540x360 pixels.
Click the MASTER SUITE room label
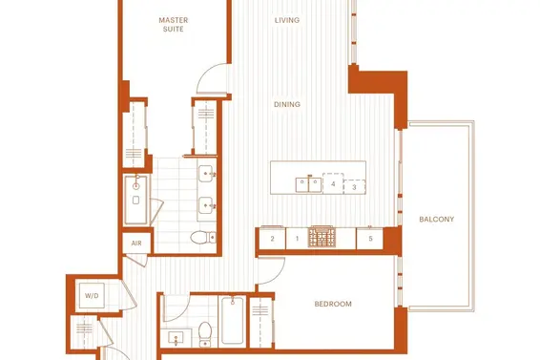pyautogui.click(x=174, y=25)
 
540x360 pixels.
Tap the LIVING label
pyautogui.click(x=287, y=20)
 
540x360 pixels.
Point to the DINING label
pyautogui.click(x=287, y=104)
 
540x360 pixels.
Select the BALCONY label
pyautogui.click(x=436, y=219)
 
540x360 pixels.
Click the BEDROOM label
pyautogui.click(x=333, y=304)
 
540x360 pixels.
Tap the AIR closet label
pyautogui.click(x=136, y=244)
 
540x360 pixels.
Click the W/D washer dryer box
pyautogui.click(x=92, y=295)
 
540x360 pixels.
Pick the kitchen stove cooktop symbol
pyautogui.click(x=322, y=237)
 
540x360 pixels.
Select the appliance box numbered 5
pyautogui.click(x=370, y=239)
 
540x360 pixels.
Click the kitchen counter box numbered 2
pyautogui.click(x=272, y=239)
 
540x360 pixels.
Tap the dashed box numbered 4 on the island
pyautogui.click(x=333, y=183)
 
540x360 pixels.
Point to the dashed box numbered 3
pyautogui.click(x=354, y=187)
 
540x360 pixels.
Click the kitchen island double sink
pyautogui.click(x=308, y=185)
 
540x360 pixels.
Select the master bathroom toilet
pyautogui.click(x=203, y=237)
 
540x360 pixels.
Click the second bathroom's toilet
pyautogui.click(x=205, y=334)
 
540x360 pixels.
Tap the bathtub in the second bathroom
pyautogui.click(x=232, y=321)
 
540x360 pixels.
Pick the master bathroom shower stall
pyautogui.click(x=136, y=200)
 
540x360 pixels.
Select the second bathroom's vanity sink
pyautogui.click(x=176, y=338)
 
